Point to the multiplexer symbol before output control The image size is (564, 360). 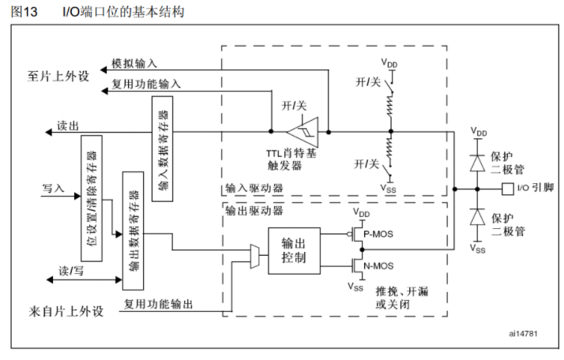click(x=254, y=253)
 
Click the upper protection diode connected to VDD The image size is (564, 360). click(x=476, y=163)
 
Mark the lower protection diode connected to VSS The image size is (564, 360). click(x=476, y=216)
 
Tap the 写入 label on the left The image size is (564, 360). click(x=52, y=189)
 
